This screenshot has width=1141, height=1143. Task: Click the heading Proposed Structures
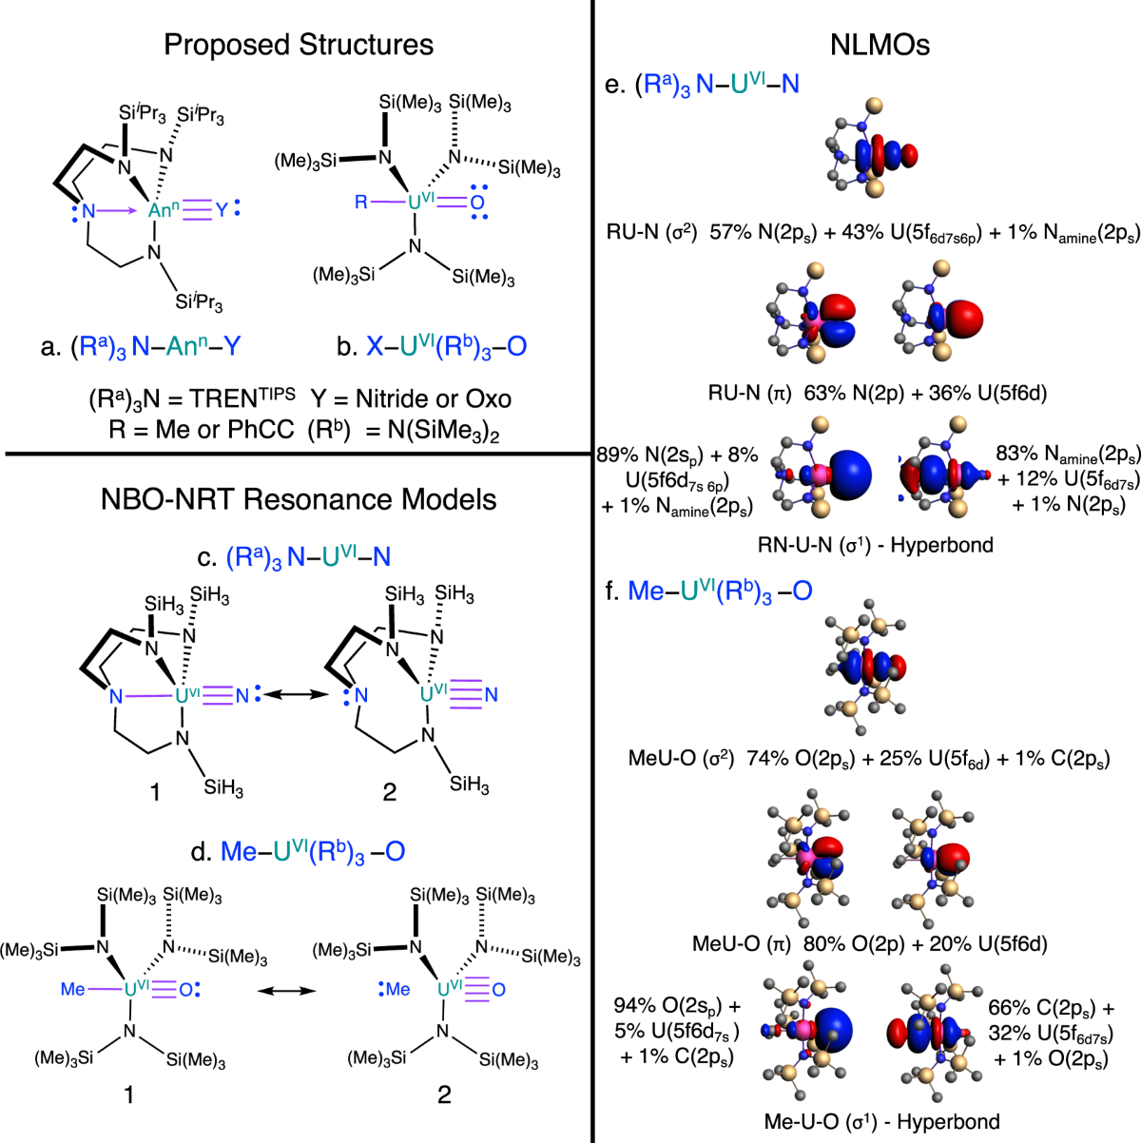[299, 45]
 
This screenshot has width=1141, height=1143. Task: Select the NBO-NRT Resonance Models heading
[299, 498]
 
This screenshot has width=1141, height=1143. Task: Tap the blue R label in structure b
[361, 203]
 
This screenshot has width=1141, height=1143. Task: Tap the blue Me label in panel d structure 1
[73, 989]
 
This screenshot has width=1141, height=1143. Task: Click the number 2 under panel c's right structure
[389, 791]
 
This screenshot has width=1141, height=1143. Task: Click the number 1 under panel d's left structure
[129, 1095]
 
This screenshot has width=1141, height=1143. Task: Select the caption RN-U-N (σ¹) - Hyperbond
[875, 545]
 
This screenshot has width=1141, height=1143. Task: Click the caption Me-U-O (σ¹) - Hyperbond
[881, 1121]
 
